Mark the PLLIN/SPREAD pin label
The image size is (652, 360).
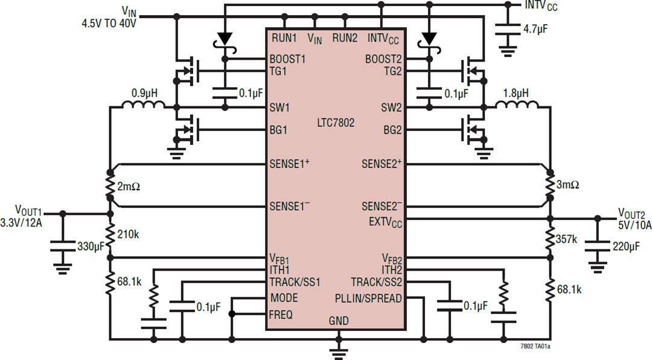(x=368, y=298)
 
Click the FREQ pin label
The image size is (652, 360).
(x=281, y=314)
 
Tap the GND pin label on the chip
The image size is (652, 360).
(x=338, y=321)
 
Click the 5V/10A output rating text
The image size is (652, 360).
(x=633, y=225)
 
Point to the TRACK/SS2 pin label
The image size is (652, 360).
(x=377, y=282)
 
